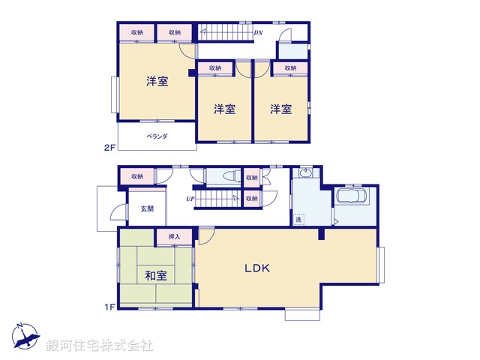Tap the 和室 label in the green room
156,274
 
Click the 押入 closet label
175,237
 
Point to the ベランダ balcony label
157,136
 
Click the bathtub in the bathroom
351,196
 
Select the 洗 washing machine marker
298,219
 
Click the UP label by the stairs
190,199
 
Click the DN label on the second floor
258,33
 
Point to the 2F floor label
109,148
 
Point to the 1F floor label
109,306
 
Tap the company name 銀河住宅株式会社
100,345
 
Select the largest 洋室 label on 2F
157,82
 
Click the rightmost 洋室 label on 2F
281,109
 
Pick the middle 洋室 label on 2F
224,109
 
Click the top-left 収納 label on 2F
136,32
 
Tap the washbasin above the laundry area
304,175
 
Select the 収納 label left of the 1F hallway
136,176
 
